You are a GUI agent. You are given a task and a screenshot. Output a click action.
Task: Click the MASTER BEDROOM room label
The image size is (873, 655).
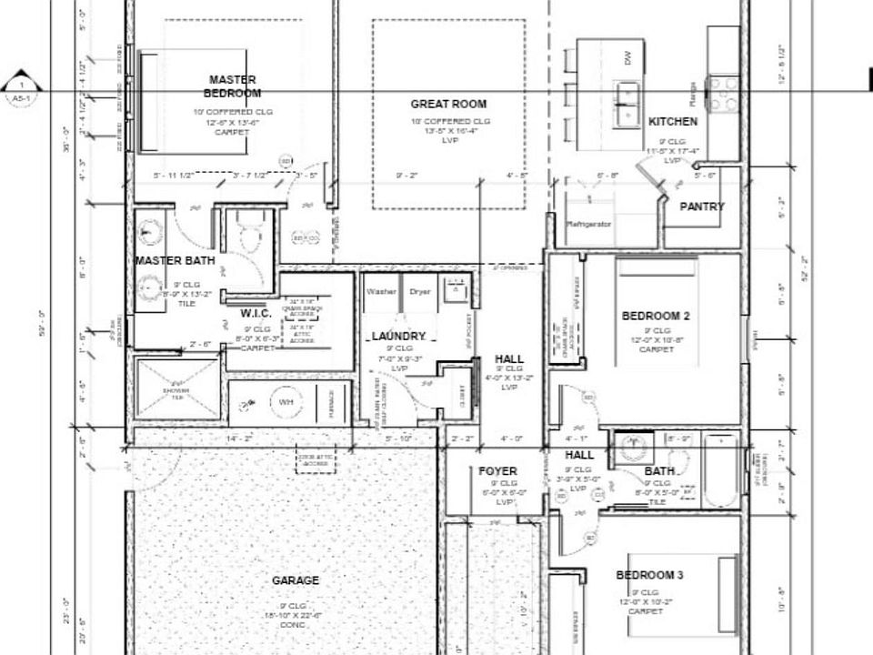pos(232,86)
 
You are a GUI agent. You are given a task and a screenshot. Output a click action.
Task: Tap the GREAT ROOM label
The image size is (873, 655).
pos(448,104)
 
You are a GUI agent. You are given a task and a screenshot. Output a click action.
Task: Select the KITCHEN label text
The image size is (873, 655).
pos(673,121)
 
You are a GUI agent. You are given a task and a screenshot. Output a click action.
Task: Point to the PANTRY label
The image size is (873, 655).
pos(702,207)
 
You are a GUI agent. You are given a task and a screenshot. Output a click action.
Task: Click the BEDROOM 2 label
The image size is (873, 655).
pos(656,316)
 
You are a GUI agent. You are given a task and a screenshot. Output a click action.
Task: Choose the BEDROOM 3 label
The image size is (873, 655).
pos(649,575)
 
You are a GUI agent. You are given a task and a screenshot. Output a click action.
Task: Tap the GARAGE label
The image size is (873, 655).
pos(296,580)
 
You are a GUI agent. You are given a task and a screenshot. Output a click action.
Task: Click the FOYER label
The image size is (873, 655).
pos(497,471)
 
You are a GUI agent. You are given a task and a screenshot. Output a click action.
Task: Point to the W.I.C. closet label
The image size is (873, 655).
pos(256,313)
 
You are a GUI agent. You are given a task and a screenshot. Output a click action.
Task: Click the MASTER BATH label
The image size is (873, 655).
pos(175,261)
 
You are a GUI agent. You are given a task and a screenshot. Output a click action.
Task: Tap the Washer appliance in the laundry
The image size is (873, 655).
pos(380,292)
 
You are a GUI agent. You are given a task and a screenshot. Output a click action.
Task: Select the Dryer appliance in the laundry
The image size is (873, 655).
pos(419,292)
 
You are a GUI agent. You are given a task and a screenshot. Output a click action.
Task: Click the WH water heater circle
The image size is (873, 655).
pos(284,401)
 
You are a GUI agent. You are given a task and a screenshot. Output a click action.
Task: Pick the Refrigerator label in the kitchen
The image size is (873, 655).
pos(588,223)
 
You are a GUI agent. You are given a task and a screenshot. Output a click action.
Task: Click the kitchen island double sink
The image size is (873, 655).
pos(627,104)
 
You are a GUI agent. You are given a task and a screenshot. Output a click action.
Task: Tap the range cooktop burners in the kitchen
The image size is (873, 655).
pos(724,94)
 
